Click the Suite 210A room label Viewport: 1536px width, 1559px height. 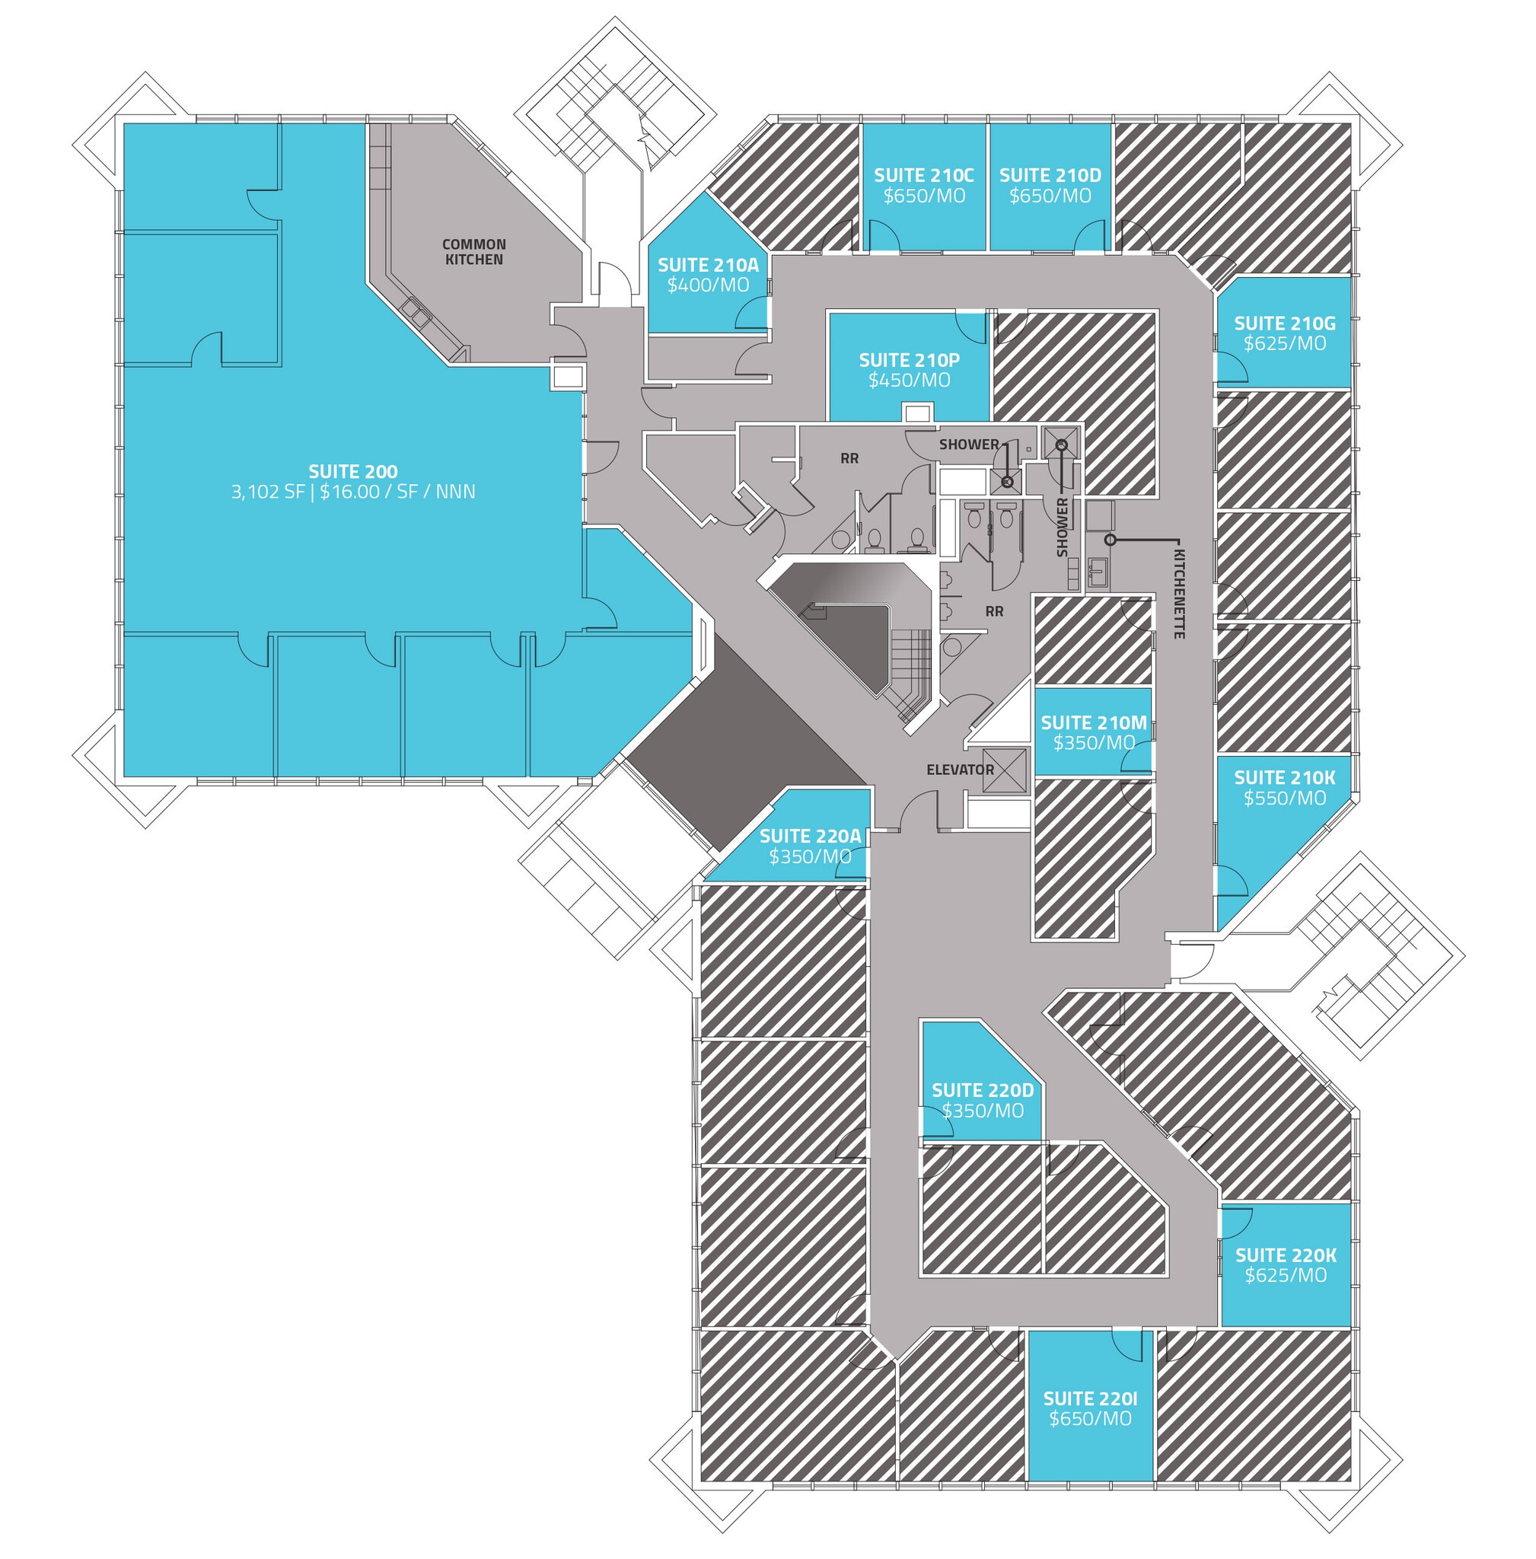(x=708, y=265)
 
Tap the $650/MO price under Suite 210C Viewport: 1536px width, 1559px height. (x=924, y=196)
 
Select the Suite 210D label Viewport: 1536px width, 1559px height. (x=1050, y=175)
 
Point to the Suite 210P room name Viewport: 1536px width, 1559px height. (x=909, y=360)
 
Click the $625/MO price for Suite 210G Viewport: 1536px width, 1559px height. (x=1284, y=344)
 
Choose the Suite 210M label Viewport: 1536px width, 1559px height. (x=1093, y=722)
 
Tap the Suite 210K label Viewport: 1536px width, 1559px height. (x=1284, y=778)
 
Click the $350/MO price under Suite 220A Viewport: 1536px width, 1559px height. (x=810, y=856)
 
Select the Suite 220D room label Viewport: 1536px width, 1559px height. (x=982, y=1090)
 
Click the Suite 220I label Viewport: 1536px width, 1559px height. (x=1090, y=1398)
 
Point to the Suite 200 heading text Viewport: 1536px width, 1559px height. (x=352, y=471)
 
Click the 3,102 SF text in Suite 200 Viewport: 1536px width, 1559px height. (x=268, y=492)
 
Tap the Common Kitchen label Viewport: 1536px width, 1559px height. (x=473, y=252)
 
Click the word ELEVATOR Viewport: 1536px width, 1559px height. (x=960, y=770)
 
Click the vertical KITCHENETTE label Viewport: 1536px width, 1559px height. (x=1178, y=594)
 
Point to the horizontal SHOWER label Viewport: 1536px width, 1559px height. (x=969, y=444)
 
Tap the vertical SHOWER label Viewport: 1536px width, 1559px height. (x=1063, y=527)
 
